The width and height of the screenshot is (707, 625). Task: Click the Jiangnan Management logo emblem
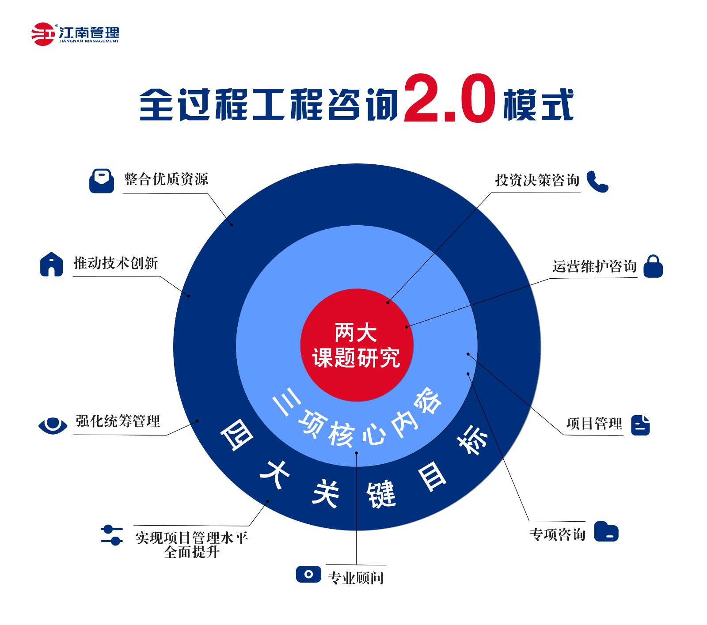coord(43,34)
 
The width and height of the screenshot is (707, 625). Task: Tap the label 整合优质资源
coord(166,179)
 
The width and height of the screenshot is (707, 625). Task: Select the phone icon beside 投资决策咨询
coord(597,181)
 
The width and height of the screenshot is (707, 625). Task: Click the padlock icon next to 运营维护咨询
coord(653,266)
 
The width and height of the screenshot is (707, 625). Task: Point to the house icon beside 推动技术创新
coord(51,264)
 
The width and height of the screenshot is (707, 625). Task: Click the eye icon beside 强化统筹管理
coord(53,425)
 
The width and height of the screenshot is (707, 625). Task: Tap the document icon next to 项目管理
coord(640,425)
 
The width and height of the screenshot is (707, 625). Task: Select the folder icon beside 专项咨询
coord(606,531)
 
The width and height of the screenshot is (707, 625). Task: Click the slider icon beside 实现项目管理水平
coord(112,535)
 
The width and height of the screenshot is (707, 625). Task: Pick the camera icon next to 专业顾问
coord(308,574)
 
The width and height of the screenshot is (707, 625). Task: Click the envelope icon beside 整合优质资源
coord(102,181)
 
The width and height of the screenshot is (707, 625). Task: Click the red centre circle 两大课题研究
coord(357,345)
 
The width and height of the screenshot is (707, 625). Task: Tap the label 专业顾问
coord(356,578)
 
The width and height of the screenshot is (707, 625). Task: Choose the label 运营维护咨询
coord(594,266)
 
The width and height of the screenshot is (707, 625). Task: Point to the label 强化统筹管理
coord(118,421)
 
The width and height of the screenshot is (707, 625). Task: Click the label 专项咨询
coord(557,534)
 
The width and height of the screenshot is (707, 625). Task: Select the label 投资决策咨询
coord(537,180)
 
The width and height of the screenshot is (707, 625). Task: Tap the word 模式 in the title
coord(538,104)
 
